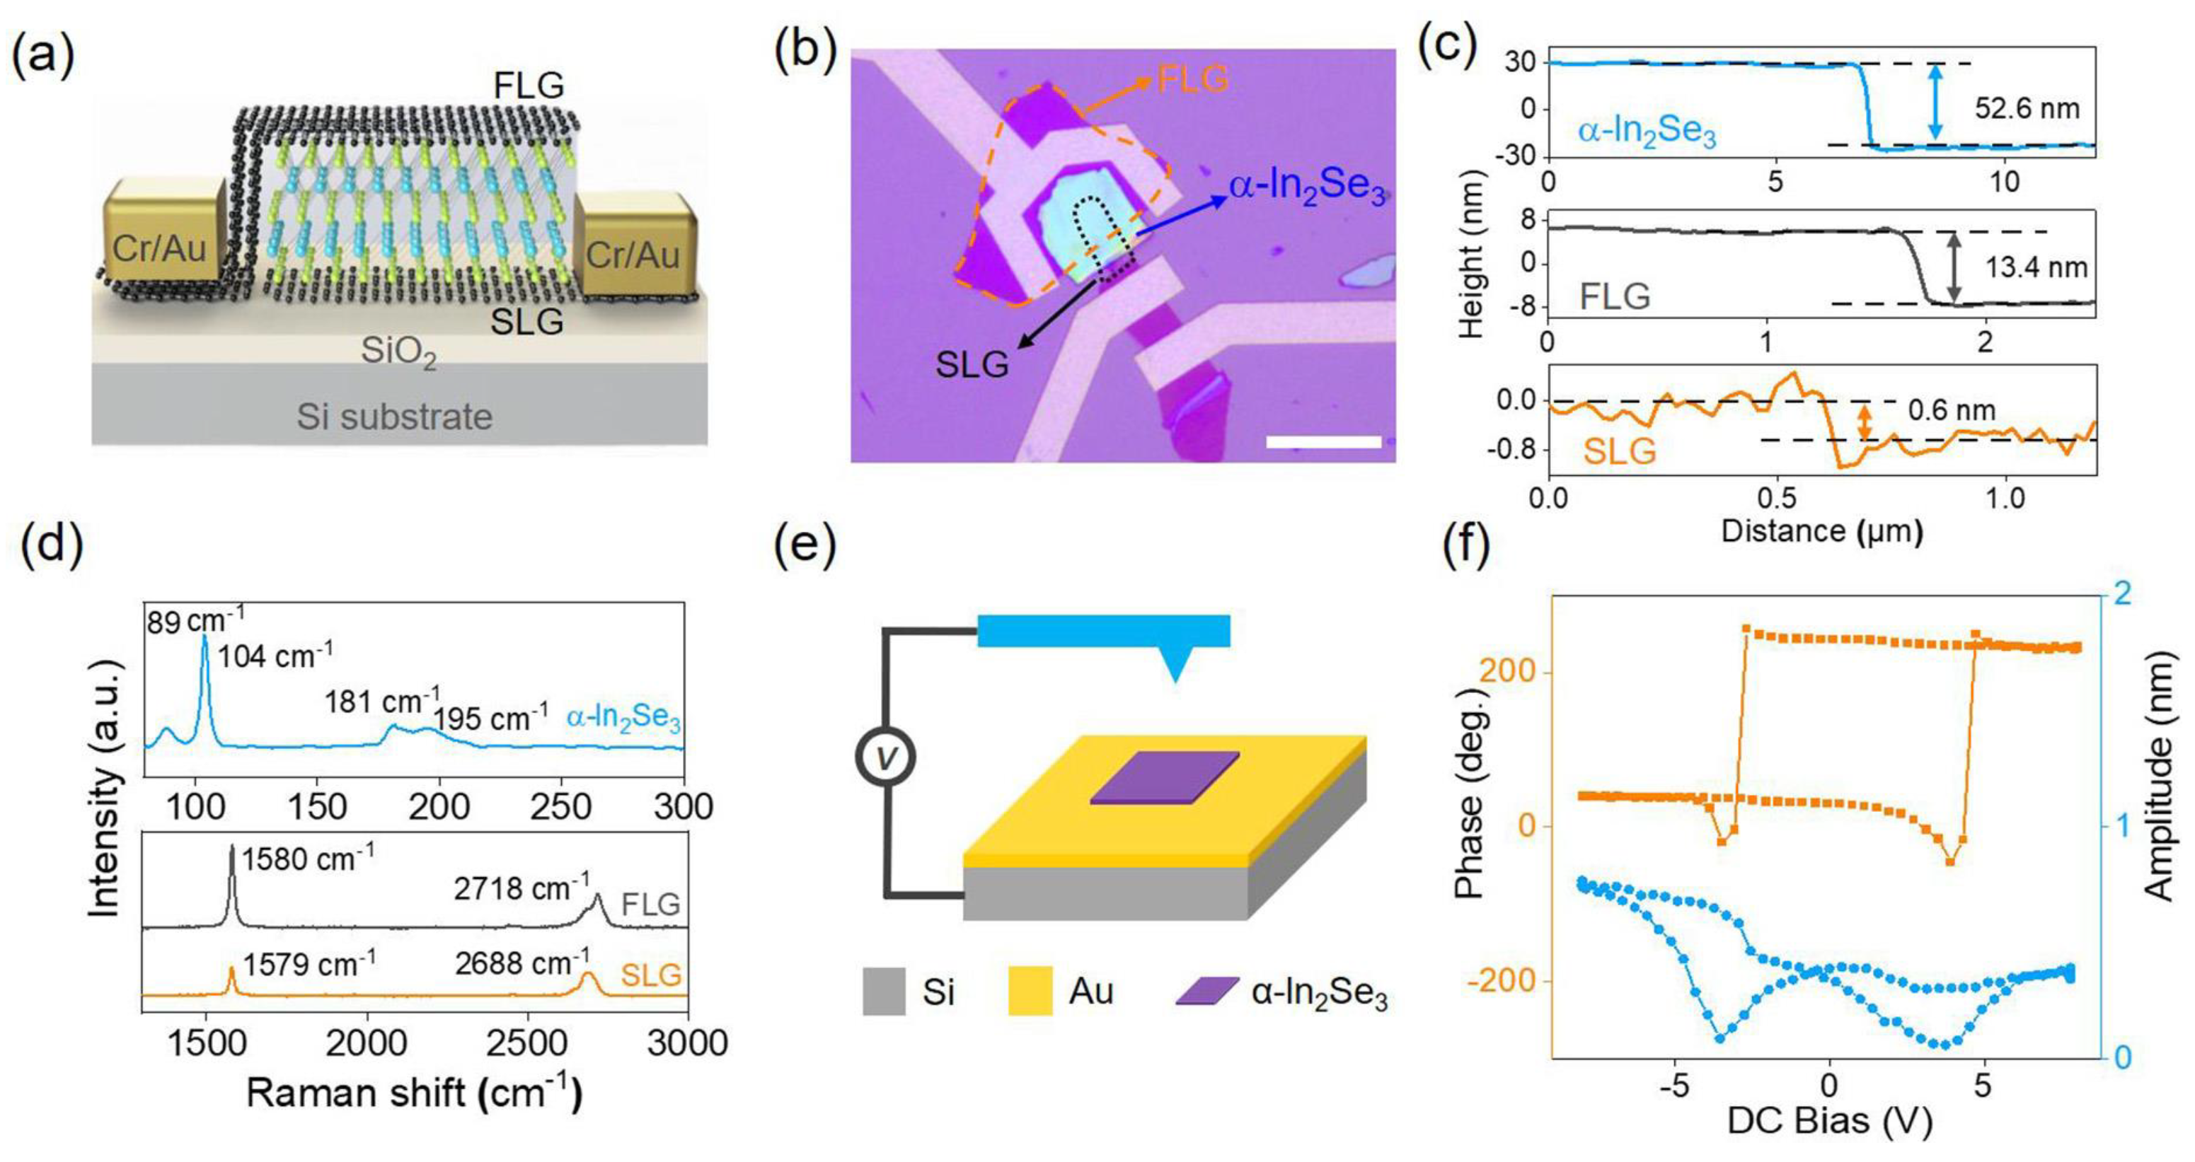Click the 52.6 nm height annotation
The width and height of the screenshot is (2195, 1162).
pos(2027,109)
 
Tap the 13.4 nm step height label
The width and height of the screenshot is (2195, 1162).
pos(2036,267)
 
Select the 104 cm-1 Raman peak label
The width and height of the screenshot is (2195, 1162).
pos(275,656)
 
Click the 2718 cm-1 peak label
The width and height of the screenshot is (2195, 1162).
pos(522,888)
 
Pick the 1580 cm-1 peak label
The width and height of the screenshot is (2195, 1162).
pos(308,859)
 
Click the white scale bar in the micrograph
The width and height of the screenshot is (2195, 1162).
pos(1323,441)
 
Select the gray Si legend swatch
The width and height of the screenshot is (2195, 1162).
pos(884,991)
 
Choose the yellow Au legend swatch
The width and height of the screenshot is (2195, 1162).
pos(1030,991)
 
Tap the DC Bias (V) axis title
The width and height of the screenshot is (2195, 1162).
pos(1828,1122)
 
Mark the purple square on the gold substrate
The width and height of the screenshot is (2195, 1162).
pos(1165,777)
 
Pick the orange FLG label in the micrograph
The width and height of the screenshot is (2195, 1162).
pos(1193,79)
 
